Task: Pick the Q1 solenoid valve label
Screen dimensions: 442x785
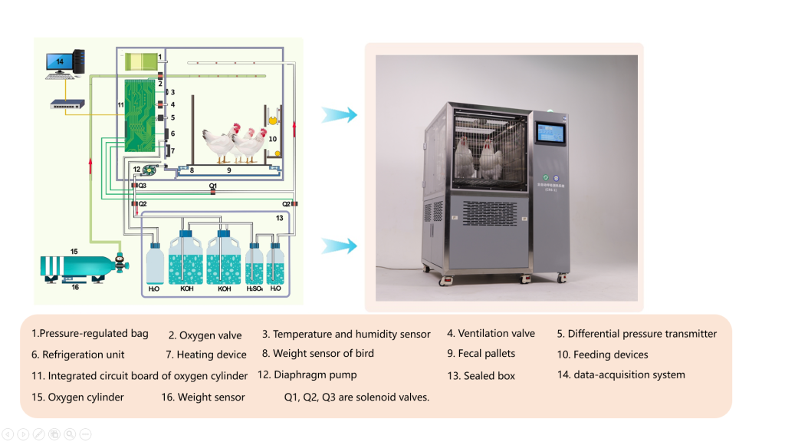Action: pyautogui.click(x=213, y=186)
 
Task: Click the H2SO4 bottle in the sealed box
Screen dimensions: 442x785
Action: pyautogui.click(x=255, y=266)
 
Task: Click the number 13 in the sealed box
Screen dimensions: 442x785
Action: pyautogui.click(x=280, y=218)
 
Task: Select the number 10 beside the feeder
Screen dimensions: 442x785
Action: pyautogui.click(x=272, y=139)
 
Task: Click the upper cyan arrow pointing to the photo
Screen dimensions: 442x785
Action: pyautogui.click(x=339, y=115)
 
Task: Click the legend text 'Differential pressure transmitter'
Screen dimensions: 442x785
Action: pyautogui.click(x=642, y=334)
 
